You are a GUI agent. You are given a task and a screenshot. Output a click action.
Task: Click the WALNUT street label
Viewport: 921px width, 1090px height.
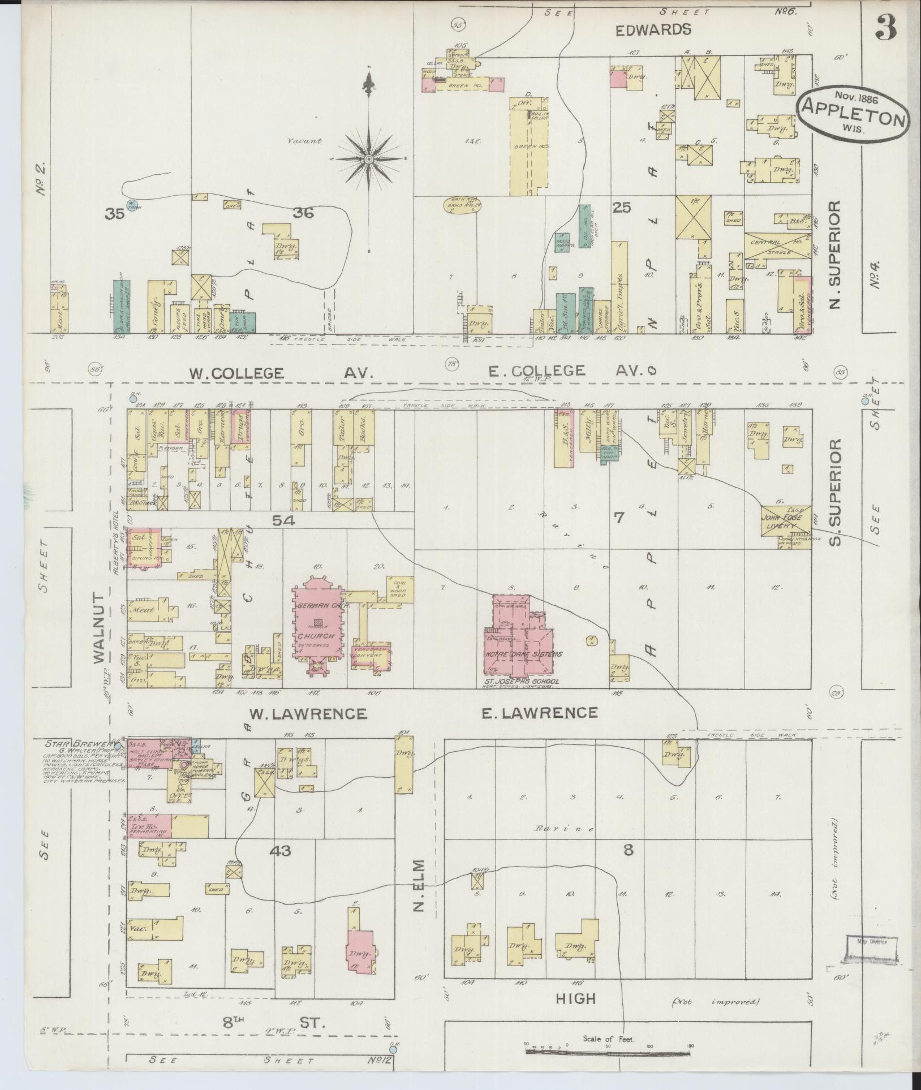coord(100,628)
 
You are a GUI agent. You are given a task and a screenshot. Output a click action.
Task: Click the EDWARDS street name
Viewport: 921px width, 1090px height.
coord(654,30)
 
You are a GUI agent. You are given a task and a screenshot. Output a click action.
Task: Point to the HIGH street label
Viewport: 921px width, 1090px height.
coord(575,999)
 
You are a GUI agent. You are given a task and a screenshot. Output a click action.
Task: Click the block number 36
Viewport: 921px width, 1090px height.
coord(303,213)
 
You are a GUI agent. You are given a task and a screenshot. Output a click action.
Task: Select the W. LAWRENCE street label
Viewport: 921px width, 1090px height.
coord(309,714)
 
